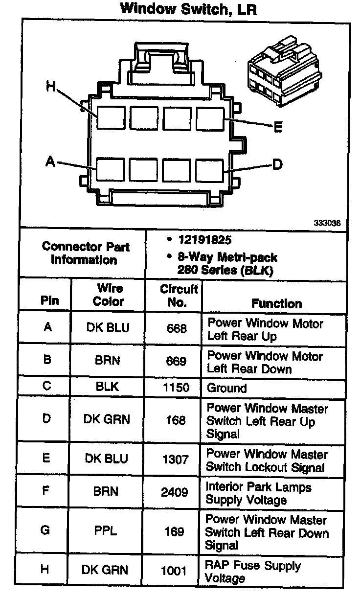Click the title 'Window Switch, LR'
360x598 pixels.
pyautogui.click(x=188, y=10)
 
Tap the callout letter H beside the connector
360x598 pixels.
pyautogui.click(x=51, y=87)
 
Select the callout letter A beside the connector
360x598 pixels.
pyautogui.click(x=50, y=161)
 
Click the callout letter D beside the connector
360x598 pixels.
pyautogui.click(x=277, y=164)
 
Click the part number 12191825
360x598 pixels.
pyautogui.click(x=205, y=240)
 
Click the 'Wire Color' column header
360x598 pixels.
pyautogui.click(x=109, y=295)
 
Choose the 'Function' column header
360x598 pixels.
pyautogui.click(x=276, y=303)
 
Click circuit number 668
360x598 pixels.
pyautogui.click(x=176, y=329)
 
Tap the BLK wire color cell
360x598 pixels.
pyautogui.click(x=108, y=387)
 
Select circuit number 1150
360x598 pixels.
pyautogui.click(x=175, y=388)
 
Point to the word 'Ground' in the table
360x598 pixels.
pyautogui.click(x=227, y=389)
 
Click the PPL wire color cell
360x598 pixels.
pyautogui.click(x=106, y=531)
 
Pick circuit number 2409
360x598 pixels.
pyautogui.click(x=175, y=492)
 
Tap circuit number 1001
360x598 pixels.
pyautogui.click(x=175, y=571)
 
